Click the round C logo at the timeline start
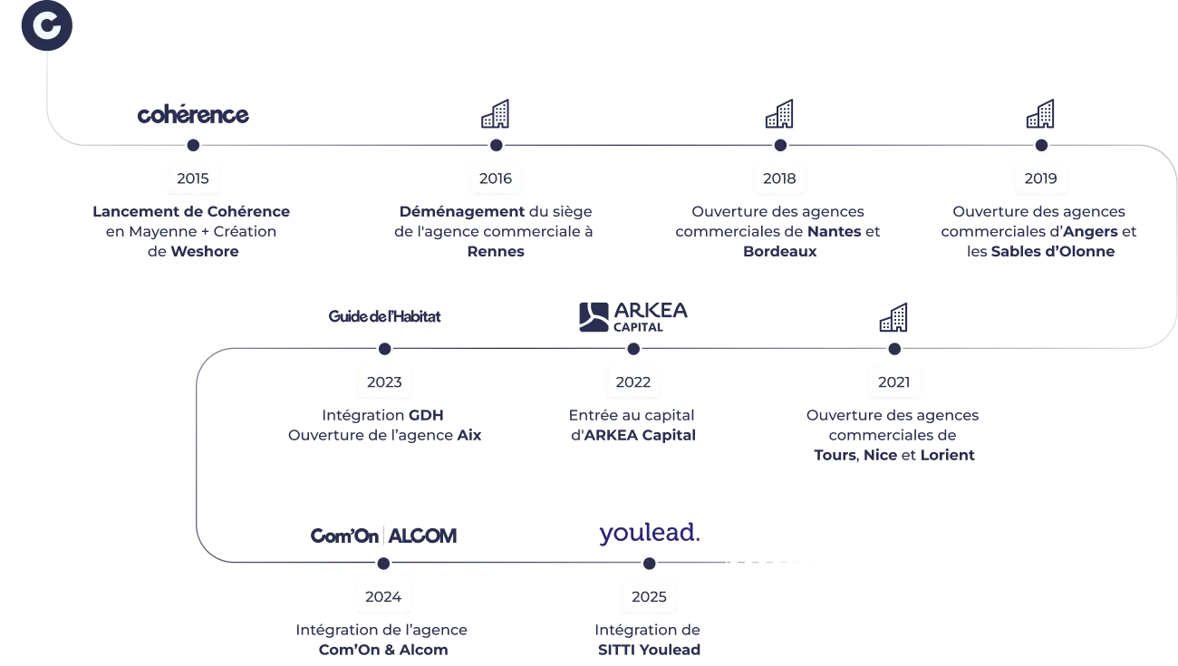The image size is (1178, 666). pyautogui.click(x=46, y=27)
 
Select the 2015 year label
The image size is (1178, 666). pyautogui.click(x=193, y=179)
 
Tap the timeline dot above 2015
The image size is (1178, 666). pyautogui.click(x=193, y=145)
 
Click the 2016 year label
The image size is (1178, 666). pyautogui.click(x=496, y=179)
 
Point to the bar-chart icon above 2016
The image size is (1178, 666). pyautogui.click(x=496, y=113)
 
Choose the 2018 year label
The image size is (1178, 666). pyautogui.click(x=779, y=179)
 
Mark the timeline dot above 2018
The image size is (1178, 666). pyautogui.click(x=779, y=145)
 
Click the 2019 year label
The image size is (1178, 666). pyautogui.click(x=1040, y=179)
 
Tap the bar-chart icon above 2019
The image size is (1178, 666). pyautogui.click(x=1040, y=113)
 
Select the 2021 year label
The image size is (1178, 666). pyautogui.click(x=893, y=381)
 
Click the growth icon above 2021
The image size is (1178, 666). pyautogui.click(x=893, y=317)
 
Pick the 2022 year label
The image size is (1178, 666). pyautogui.click(x=633, y=381)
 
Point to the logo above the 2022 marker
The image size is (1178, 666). pyautogui.click(x=632, y=316)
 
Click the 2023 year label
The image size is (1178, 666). pyautogui.click(x=384, y=381)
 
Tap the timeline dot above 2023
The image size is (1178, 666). pyautogui.click(x=384, y=349)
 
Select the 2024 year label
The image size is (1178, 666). pyautogui.click(x=383, y=597)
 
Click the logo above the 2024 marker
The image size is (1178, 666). pyautogui.click(x=381, y=535)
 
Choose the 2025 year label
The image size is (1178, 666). pyautogui.click(x=649, y=597)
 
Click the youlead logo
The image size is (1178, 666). pyautogui.click(x=650, y=535)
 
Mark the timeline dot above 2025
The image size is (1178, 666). pyautogui.click(x=649, y=564)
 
